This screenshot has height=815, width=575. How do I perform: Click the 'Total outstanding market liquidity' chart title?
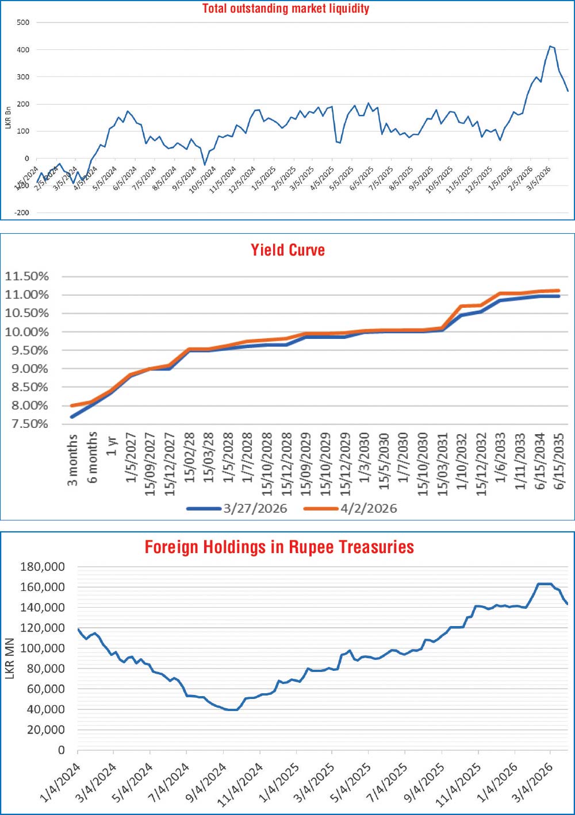point(286,9)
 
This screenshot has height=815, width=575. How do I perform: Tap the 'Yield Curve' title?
point(287,250)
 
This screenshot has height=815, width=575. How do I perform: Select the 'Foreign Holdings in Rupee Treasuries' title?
point(279,547)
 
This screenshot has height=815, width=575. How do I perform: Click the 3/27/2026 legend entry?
point(255,508)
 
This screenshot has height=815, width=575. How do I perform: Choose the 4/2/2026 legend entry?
point(369,508)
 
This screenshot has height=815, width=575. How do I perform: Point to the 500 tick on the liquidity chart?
point(24,22)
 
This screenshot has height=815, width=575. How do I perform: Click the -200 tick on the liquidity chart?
point(22,213)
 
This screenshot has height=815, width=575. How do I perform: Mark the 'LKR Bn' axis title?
point(8,118)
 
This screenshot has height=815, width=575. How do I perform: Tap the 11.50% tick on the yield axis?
point(27,276)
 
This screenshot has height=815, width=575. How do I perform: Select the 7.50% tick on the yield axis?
point(27,424)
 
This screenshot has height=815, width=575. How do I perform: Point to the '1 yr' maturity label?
point(112,446)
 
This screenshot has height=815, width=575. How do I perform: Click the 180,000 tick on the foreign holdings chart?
point(43,567)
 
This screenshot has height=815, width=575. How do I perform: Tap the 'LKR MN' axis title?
point(9,658)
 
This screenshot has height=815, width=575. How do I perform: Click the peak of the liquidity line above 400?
point(550,46)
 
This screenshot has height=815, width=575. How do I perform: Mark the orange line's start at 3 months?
point(72,405)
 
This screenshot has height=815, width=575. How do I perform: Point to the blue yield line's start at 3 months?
point(72,417)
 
